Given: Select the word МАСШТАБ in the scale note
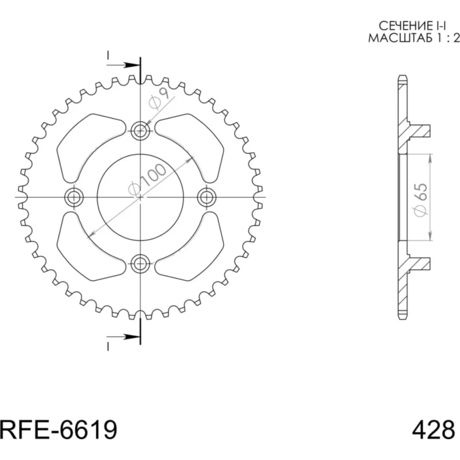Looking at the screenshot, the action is tap(400, 38).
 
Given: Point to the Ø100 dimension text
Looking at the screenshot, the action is tap(147, 179).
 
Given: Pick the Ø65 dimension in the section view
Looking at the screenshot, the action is tap(421, 200).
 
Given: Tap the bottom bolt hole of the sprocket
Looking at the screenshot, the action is tap(140, 263).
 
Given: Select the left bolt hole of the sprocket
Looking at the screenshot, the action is tap(74, 197).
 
